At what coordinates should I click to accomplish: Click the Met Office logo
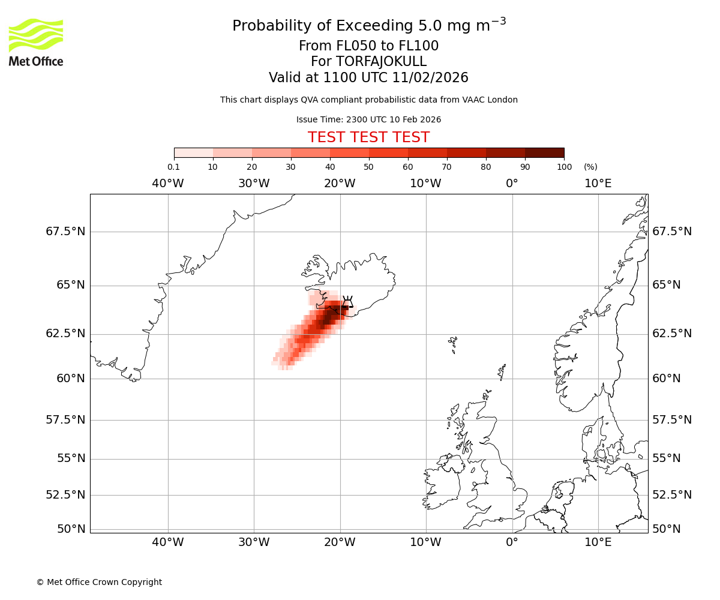pyautogui.click(x=36, y=42)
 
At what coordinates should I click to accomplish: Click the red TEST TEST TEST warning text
pyautogui.click(x=368, y=137)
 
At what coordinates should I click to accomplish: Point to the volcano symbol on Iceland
pyautogui.click(x=347, y=301)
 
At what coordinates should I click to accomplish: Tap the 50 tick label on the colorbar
pyautogui.click(x=368, y=167)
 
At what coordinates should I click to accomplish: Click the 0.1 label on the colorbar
pyautogui.click(x=173, y=167)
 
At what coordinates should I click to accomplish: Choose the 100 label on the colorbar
pyautogui.click(x=564, y=167)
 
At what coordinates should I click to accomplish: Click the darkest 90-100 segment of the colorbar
pyautogui.click(x=544, y=152)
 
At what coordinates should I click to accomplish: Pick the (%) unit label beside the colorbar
pyautogui.click(x=590, y=167)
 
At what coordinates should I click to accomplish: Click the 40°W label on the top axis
pyautogui.click(x=167, y=183)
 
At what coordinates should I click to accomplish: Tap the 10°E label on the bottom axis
pyautogui.click(x=598, y=542)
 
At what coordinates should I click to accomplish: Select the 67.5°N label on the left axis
pyautogui.click(x=65, y=232)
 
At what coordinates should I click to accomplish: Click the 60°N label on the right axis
pyautogui.click(x=667, y=379)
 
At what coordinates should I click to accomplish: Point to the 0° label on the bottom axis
pyautogui.click(x=512, y=542)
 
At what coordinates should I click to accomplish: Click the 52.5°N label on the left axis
pyautogui.click(x=65, y=495)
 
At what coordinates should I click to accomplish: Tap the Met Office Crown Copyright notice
pyautogui.click(x=99, y=582)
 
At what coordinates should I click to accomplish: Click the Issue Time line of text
pyautogui.click(x=368, y=119)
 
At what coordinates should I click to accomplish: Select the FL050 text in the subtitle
pyautogui.click(x=355, y=46)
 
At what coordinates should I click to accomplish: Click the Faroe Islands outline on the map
pyautogui.click(x=453, y=345)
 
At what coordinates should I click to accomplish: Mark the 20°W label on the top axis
pyautogui.click(x=340, y=183)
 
